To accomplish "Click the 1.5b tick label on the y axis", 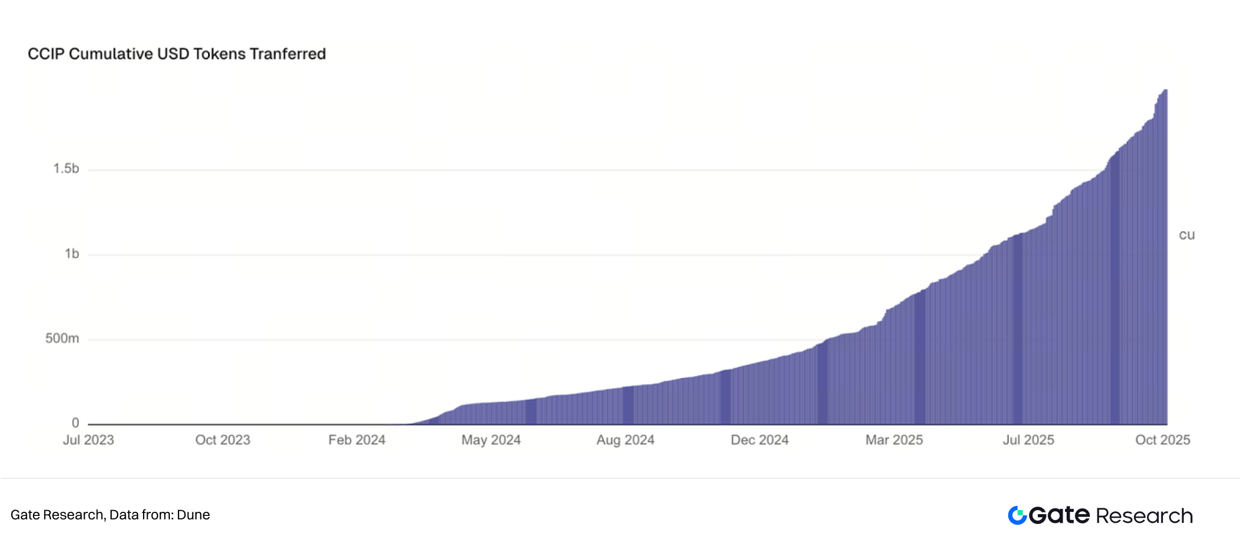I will click(x=66, y=169).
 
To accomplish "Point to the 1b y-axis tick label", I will click(x=72, y=254).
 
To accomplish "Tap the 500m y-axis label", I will click(x=62, y=339).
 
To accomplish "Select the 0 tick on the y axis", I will click(x=75, y=423).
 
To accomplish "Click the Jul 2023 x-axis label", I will click(x=88, y=440).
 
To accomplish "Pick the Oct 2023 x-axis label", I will click(x=223, y=440).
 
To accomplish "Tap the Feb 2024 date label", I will click(x=356, y=440).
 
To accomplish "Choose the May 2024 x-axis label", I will click(x=491, y=440).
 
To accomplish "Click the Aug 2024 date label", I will click(x=625, y=440).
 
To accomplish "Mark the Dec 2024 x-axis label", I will click(x=760, y=440).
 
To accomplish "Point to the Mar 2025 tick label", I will click(x=894, y=440).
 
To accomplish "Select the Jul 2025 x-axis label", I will click(x=1029, y=440).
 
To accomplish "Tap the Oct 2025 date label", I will click(x=1162, y=440).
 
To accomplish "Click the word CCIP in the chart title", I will click(x=46, y=54).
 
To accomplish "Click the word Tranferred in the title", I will click(x=288, y=54).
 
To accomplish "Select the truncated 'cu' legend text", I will click(x=1187, y=235).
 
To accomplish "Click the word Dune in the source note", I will click(x=193, y=515).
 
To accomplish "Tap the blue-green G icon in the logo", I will click(x=1017, y=515).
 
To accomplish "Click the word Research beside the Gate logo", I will click(x=1144, y=516).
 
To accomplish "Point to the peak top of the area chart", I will click(x=1165, y=90).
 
